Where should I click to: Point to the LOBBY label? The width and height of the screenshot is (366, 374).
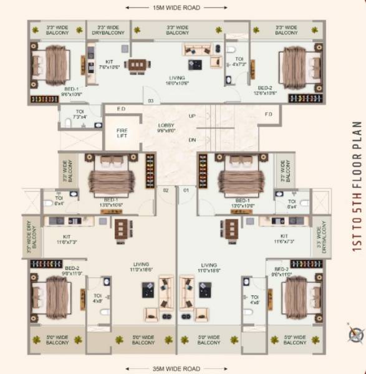click(166, 128)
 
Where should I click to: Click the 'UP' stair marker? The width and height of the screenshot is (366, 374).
click(192, 117)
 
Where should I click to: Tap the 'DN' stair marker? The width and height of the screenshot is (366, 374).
click(192, 140)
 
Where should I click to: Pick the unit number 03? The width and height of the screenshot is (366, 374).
click(150, 100)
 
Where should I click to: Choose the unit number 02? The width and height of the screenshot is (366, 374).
click(166, 189)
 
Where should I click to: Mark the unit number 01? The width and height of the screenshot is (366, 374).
click(185, 189)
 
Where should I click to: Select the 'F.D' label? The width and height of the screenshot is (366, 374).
click(269, 114)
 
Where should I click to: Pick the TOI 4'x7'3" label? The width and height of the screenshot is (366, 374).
click(240, 62)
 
